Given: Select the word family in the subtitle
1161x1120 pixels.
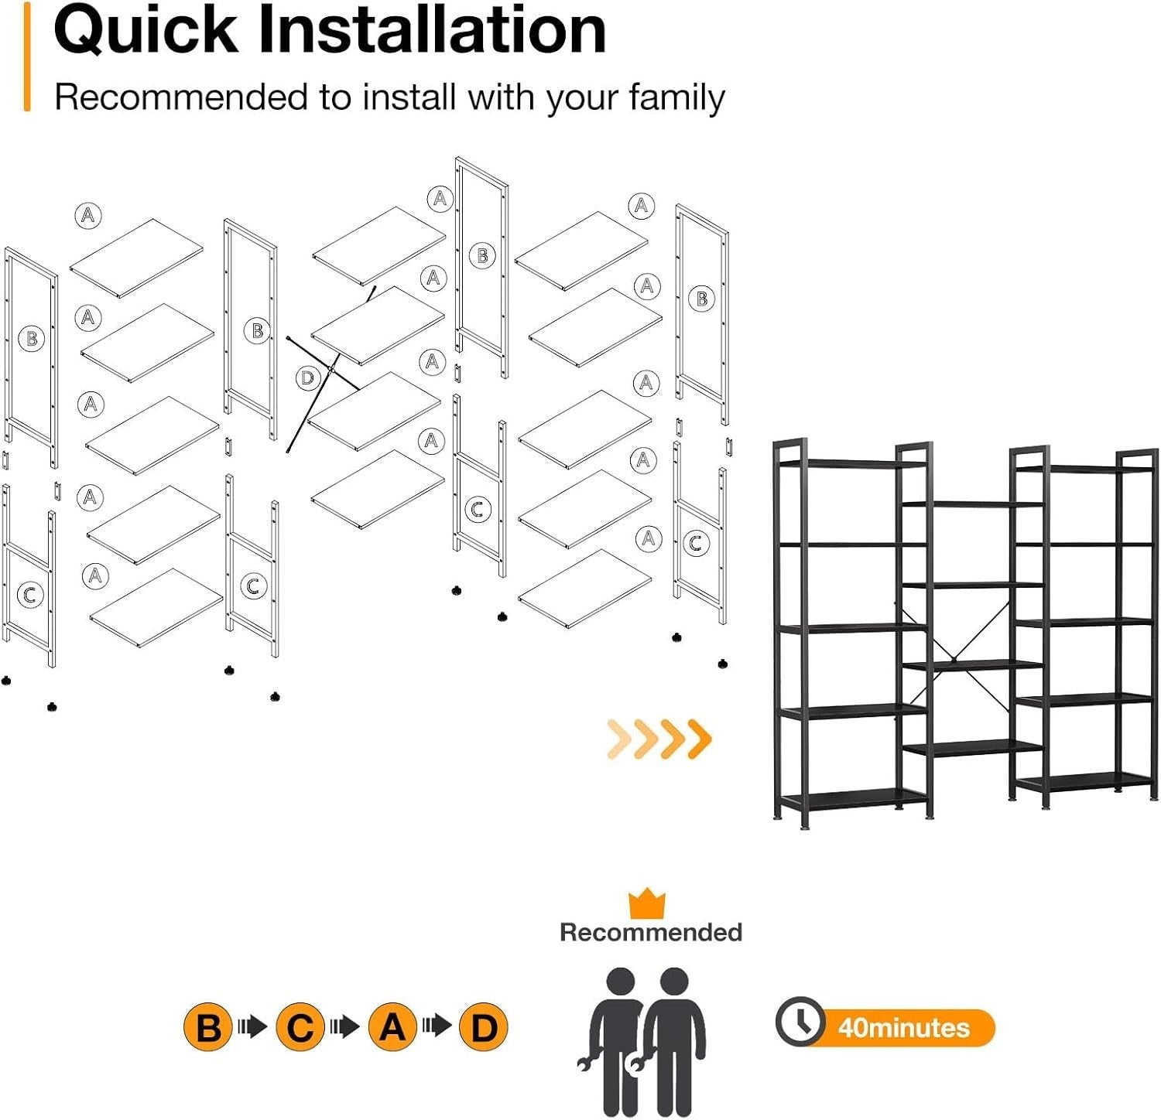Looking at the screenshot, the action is [x=676, y=99].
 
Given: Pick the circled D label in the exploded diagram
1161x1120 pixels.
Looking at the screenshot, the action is [x=308, y=378].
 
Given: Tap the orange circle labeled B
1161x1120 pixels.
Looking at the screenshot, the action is [x=207, y=1027].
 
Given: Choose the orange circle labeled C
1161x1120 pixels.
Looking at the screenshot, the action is [x=300, y=1027].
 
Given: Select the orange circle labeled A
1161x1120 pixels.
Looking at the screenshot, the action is [x=392, y=1027].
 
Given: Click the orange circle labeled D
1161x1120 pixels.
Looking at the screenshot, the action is [x=484, y=1027].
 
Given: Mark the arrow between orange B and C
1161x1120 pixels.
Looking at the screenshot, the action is [x=253, y=1027].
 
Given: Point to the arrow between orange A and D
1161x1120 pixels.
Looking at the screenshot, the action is [x=437, y=1027].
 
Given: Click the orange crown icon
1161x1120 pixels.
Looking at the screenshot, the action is [x=647, y=903].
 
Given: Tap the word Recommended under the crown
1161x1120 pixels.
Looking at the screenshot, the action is [x=651, y=932].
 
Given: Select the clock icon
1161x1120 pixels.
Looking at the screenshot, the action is [x=800, y=1022].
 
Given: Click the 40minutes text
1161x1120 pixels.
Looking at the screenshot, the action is [x=904, y=1028].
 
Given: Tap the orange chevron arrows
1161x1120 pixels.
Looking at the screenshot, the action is [x=659, y=738].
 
